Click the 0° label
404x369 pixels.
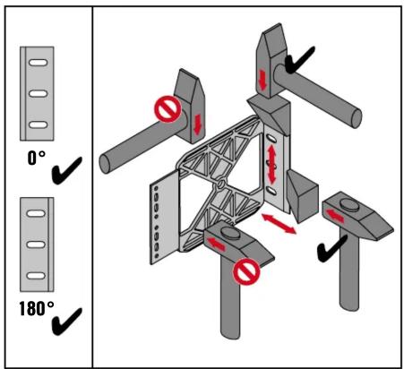tap(36, 158)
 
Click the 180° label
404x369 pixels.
tap(37, 308)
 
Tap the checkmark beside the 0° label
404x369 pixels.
tap(66, 170)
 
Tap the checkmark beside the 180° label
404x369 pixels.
tap(66, 322)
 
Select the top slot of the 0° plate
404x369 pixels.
tap(38, 63)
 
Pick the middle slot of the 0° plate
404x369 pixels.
tap(38, 93)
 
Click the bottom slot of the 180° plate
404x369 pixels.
tap(36, 275)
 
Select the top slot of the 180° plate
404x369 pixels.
tap(36, 213)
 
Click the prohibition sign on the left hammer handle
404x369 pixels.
tap(168, 109)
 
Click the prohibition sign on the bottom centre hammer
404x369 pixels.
tap(246, 271)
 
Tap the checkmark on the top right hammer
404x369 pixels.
tap(299, 60)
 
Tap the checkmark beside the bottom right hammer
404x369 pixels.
tap(331, 249)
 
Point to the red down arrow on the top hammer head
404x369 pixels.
tap(262, 80)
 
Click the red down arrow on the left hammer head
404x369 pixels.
tap(197, 124)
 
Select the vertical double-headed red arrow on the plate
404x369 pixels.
tap(271, 164)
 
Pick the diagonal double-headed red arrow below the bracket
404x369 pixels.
tap(279, 224)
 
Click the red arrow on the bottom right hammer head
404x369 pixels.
tap(334, 216)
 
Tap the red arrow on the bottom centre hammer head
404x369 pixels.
tap(216, 244)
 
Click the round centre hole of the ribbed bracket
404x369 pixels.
tap(220, 184)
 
